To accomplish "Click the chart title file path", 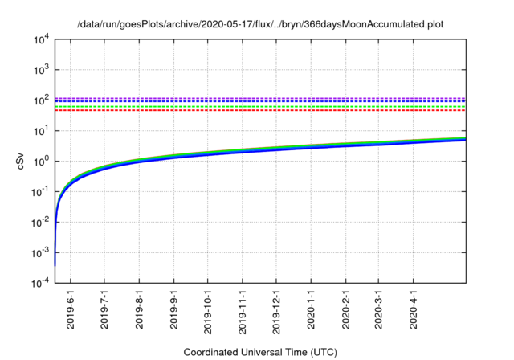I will (260, 25).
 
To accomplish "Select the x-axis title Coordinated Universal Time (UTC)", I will (260, 352).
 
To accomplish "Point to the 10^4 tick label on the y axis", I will (41, 39).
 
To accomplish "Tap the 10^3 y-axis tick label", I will (41, 70).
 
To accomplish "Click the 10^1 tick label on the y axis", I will (41, 131).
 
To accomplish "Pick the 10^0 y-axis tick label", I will (41, 162).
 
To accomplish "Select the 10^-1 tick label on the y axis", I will (41, 192).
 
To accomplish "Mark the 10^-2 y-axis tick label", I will (41, 223).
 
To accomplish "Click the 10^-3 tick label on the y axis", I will (41, 253).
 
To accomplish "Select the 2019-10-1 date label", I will (209, 313).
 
